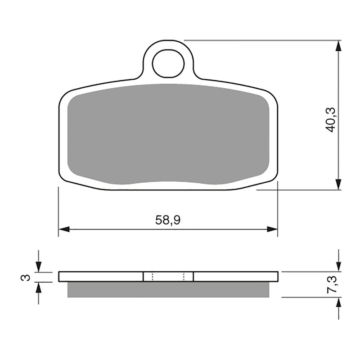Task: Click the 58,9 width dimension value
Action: click(x=167, y=220)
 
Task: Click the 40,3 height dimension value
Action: click(x=331, y=119)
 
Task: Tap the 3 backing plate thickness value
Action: click(x=27, y=277)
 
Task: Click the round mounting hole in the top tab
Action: click(x=168, y=63)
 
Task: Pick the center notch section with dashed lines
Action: click(x=168, y=276)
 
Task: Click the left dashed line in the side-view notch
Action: click(x=153, y=276)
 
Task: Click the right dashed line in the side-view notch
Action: click(x=184, y=276)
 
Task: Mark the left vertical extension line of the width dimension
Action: click(x=58, y=211)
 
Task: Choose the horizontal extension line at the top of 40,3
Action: click(x=261, y=40)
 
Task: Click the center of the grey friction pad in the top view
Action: click(x=168, y=134)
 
